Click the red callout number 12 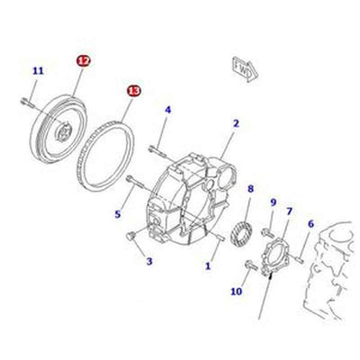[84, 61]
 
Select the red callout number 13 [133, 91]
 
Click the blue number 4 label [167, 110]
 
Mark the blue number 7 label [289, 211]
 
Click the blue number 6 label [310, 224]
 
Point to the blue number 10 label [236, 292]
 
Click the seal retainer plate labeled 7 [271, 256]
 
